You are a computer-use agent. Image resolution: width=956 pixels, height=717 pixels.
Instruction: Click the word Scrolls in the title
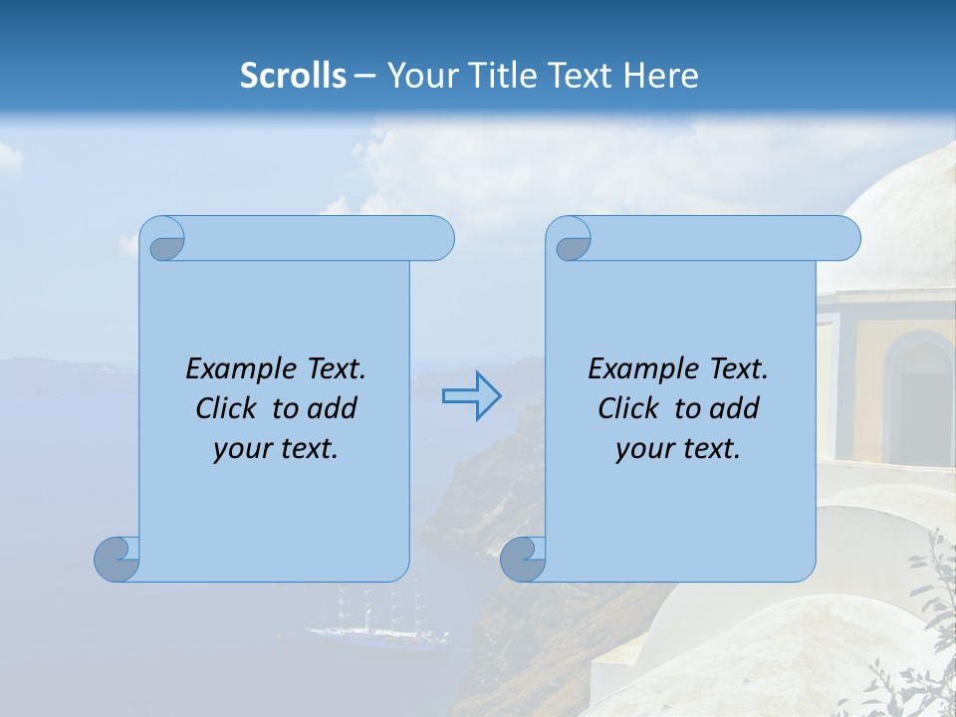click(x=294, y=76)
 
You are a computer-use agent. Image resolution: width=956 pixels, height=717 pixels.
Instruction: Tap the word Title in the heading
click(x=508, y=76)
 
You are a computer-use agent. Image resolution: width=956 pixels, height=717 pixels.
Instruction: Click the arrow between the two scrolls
click(x=471, y=396)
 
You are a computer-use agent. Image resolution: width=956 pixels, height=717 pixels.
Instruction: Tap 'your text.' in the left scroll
click(x=276, y=449)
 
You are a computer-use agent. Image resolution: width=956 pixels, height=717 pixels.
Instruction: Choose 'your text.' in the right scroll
click(x=678, y=449)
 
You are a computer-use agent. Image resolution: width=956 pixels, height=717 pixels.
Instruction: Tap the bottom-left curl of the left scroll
click(x=118, y=559)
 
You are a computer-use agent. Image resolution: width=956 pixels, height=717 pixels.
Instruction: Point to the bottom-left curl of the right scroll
click(x=523, y=559)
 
